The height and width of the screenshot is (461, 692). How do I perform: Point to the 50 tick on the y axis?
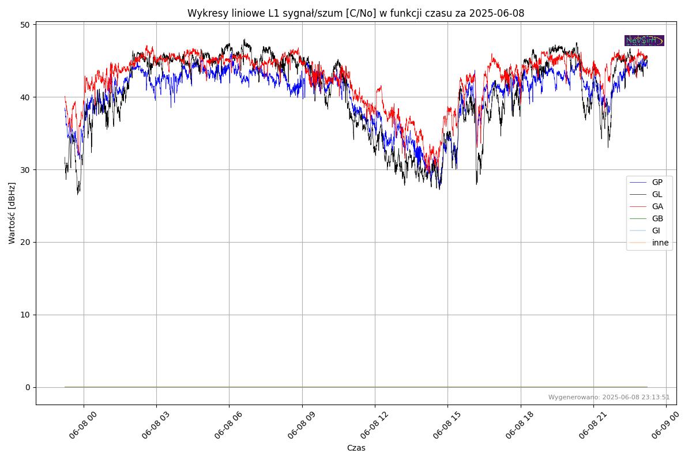[x=25, y=25]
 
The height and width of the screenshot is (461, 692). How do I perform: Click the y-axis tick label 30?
[x=25, y=170]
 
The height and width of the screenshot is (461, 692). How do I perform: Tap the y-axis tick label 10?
[x=25, y=315]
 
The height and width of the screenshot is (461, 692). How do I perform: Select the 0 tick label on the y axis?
[x=27, y=387]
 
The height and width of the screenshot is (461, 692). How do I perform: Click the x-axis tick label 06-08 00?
[x=81, y=427]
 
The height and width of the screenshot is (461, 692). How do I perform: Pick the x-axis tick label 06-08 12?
[x=373, y=427]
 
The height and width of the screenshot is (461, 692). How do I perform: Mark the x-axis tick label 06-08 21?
[x=591, y=427]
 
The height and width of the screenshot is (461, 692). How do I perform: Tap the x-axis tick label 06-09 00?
[x=664, y=427]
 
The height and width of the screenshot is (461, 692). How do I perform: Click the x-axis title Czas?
[x=356, y=448]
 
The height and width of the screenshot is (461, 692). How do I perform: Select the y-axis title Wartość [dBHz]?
[x=12, y=213]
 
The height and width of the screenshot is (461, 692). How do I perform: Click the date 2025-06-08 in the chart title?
[x=497, y=13]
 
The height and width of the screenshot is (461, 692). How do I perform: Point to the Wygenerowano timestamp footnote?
[x=608, y=397]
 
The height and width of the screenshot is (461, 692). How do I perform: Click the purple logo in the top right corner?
[x=644, y=40]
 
